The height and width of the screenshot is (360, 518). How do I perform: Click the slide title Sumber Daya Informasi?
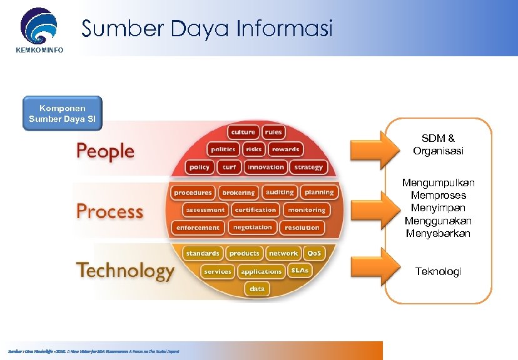(x=207, y=28)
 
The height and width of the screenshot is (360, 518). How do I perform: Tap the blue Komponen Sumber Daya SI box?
(x=62, y=113)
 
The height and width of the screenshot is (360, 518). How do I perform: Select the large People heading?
(x=105, y=151)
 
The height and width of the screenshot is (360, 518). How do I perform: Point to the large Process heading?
(x=109, y=211)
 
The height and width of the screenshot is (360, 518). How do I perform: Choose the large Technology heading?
(x=125, y=271)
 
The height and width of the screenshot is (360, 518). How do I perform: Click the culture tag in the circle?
(x=243, y=132)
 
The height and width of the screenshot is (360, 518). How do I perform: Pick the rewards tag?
(x=285, y=149)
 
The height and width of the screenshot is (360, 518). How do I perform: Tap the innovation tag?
(x=265, y=167)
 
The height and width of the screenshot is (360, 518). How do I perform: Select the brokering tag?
(x=238, y=192)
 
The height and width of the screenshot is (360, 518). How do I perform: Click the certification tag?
(x=255, y=210)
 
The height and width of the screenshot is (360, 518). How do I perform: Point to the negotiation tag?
(x=253, y=227)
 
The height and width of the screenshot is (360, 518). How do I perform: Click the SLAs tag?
(x=300, y=271)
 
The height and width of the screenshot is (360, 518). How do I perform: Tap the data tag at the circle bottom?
(x=257, y=289)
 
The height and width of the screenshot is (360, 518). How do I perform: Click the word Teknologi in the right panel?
(x=438, y=271)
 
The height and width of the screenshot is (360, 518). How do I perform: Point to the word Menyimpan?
(x=438, y=208)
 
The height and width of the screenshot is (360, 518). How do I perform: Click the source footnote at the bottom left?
(x=93, y=351)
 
